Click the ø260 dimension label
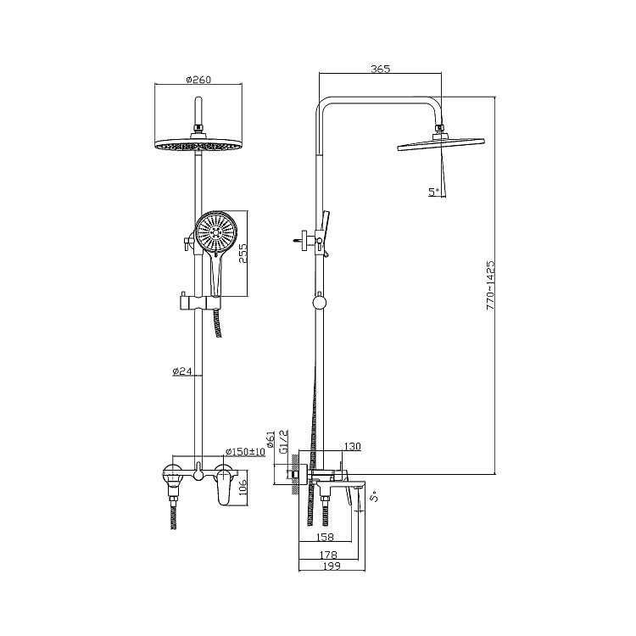pos(198,80)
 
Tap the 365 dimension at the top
pos(380,69)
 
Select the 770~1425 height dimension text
pos(490,286)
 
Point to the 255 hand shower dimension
pos(243,254)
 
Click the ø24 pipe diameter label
pos(181,371)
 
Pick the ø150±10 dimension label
pos(245,451)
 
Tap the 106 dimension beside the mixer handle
pos(243,488)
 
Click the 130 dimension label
pos(352,447)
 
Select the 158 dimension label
pos(325,537)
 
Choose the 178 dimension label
pos(328,554)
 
